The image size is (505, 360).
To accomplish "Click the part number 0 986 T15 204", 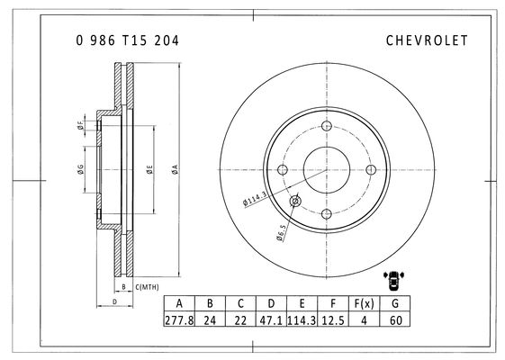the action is coord(127,40).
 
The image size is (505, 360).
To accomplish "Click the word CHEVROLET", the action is coord(427,40).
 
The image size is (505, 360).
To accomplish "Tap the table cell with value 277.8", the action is coord(179,320).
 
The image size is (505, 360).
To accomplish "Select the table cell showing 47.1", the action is coord(271,320).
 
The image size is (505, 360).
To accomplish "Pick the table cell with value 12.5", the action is coord(333,320).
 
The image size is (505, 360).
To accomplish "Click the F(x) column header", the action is coord(364,303).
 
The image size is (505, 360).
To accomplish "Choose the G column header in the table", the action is coord(395,303).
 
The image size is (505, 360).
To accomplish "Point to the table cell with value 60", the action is coord(395,320).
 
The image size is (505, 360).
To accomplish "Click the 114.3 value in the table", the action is coord(302,320).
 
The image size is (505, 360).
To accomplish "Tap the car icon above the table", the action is coord(393,280).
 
